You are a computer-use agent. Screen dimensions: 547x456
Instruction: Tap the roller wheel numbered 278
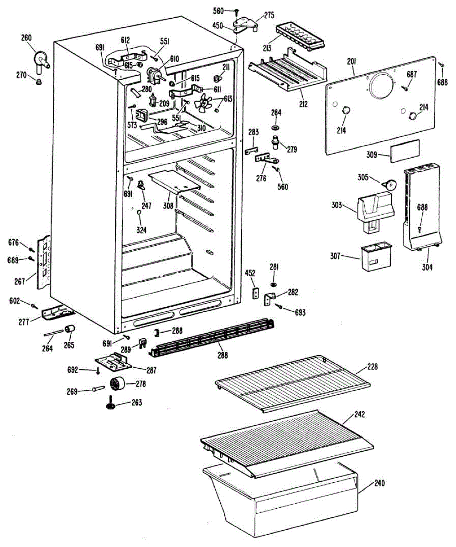pos(118,384)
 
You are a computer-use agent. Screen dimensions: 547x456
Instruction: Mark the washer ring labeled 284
pos(276,125)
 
